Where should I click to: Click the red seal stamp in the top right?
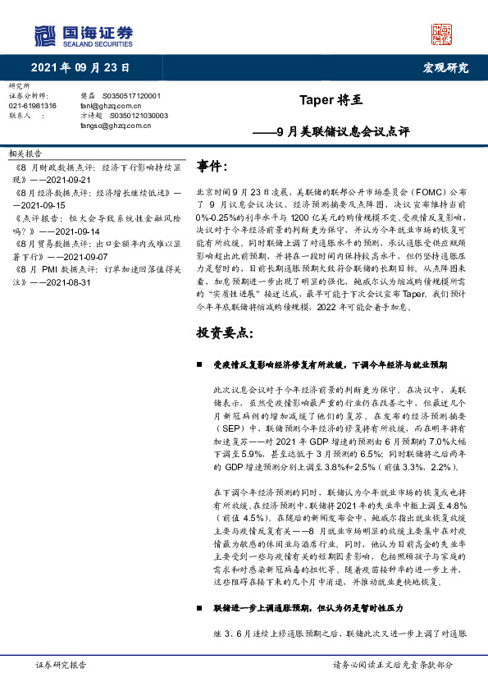442,34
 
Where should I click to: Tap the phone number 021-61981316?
33,106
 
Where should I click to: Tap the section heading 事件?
212,167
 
